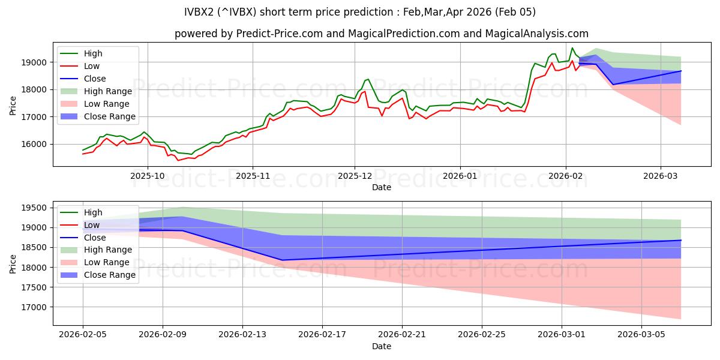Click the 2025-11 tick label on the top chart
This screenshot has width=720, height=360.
coord(253,176)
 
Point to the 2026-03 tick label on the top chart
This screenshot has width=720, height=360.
coord(661,176)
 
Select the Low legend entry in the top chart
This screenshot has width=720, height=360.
coord(92,66)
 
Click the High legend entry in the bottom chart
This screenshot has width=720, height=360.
coord(94,212)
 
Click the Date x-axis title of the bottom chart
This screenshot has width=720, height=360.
coord(382,347)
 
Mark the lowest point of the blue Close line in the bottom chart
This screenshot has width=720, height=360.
coord(283,260)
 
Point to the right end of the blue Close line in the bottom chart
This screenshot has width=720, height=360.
coord(681,240)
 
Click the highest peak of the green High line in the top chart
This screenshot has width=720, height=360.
coord(572,48)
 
